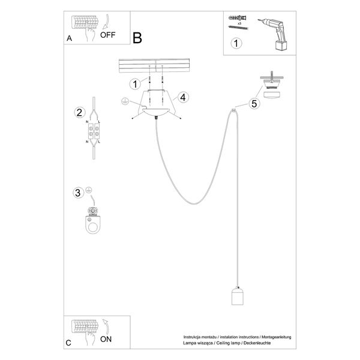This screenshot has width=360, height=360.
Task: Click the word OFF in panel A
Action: click(x=108, y=34)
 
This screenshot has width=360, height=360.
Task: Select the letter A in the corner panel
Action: click(x=69, y=38)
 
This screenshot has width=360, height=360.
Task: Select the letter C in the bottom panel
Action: click(x=69, y=343)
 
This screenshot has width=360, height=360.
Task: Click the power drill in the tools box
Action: click(x=275, y=30)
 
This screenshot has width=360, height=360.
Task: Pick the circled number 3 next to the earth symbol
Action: click(x=77, y=193)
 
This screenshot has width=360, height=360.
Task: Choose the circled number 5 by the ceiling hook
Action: click(x=254, y=103)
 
